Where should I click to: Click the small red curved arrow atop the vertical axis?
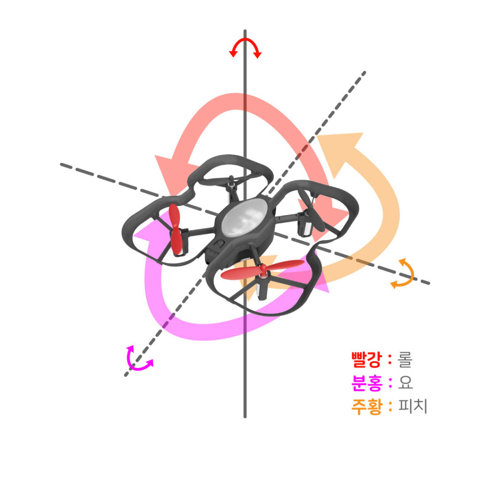(x=245, y=46)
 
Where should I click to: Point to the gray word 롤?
(x=404, y=360)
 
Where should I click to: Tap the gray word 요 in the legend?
(x=405, y=383)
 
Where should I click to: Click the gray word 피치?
(x=412, y=406)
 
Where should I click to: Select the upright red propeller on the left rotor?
(x=175, y=229)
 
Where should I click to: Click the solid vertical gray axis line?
(x=245, y=366)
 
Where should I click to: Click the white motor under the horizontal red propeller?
(x=262, y=287)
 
